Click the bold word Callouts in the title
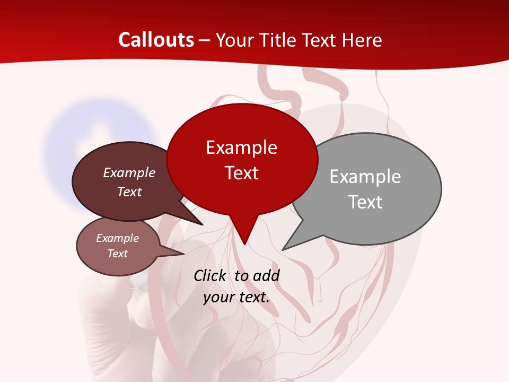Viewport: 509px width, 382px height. point(156,40)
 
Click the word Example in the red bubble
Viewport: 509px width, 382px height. point(241,147)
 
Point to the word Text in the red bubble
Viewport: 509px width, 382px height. point(241,173)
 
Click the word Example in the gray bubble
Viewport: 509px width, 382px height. point(365,177)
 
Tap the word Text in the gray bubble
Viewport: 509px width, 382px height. point(365,202)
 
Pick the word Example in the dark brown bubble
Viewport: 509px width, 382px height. point(129,172)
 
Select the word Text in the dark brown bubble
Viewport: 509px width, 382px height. point(129,192)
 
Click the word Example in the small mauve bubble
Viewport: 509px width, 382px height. point(117,238)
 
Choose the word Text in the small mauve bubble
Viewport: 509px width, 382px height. point(117,254)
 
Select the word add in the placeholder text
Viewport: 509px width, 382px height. point(266,275)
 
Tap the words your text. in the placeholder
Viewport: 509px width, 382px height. point(236,297)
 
